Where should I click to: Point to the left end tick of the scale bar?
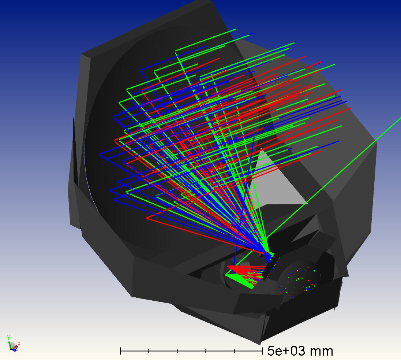coord(120,351)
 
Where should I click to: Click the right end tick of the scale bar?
coord(262,351)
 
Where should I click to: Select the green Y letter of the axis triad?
coord(8,337)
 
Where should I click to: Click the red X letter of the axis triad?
coord(19,344)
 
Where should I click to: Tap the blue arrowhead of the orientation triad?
coord(15,350)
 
